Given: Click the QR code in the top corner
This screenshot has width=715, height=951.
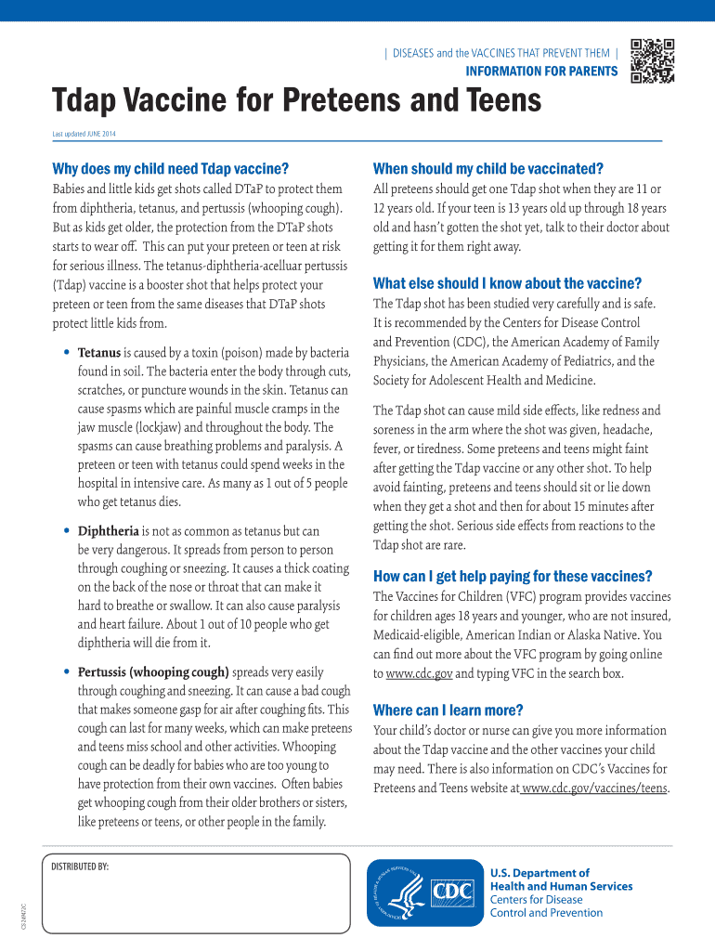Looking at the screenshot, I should tap(651, 61).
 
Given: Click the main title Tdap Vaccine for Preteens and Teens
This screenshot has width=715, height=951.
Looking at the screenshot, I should tap(296, 99).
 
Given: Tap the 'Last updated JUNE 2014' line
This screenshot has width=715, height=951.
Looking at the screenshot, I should tap(84, 134).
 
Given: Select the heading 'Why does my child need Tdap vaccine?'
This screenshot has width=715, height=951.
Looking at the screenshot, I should tap(170, 169).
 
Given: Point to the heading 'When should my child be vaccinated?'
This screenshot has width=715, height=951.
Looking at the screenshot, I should tap(487, 169).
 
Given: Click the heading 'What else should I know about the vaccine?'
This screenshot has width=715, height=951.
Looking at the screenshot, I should tap(507, 283).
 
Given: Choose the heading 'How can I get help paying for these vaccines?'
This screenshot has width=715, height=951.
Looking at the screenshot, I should tap(512, 576).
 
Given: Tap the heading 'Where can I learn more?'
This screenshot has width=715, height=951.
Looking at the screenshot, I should tap(448, 710).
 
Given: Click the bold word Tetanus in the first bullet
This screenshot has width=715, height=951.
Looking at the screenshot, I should tap(98, 353).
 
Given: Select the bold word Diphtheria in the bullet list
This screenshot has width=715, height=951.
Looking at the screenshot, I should tap(108, 531).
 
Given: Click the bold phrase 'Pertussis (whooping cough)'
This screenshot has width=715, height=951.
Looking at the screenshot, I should tap(153, 671).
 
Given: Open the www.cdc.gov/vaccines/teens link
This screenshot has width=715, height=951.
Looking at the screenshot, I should tap(595, 788).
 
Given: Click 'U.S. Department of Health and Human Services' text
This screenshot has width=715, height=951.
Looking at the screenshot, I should tap(561, 879).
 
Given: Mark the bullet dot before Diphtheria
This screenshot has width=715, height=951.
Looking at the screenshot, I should tap(67, 531).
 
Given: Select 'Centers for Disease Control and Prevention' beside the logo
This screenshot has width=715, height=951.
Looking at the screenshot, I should tap(546, 906).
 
